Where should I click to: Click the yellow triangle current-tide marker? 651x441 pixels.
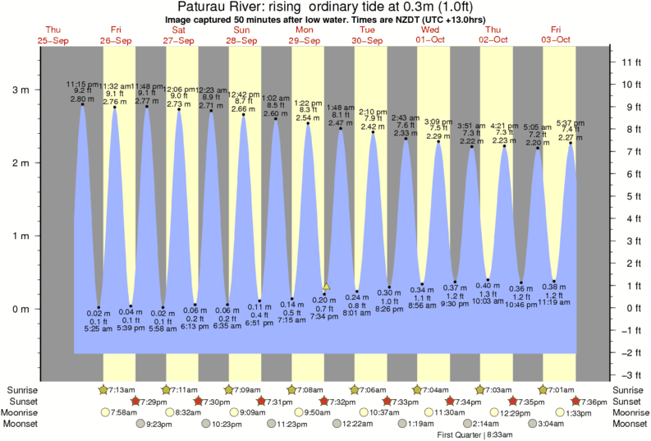pyautogui.click(x=326, y=287)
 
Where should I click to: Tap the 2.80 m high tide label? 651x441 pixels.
pyautogui.click(x=77, y=99)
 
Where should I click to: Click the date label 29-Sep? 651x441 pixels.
pyautogui.click(x=305, y=39)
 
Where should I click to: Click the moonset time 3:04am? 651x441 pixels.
pyautogui.click(x=543, y=425)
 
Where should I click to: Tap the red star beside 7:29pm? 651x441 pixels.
pyautogui.click(x=136, y=402)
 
